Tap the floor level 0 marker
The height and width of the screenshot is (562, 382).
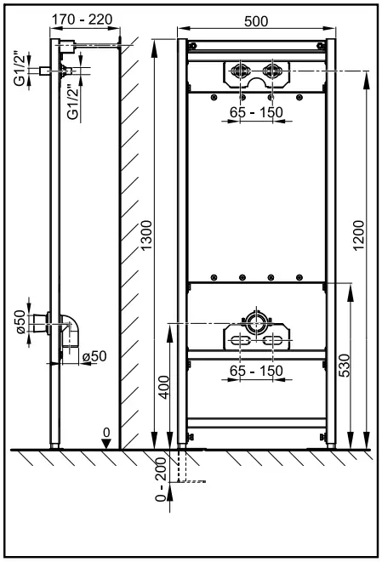106,433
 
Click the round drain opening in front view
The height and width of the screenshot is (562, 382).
256,324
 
